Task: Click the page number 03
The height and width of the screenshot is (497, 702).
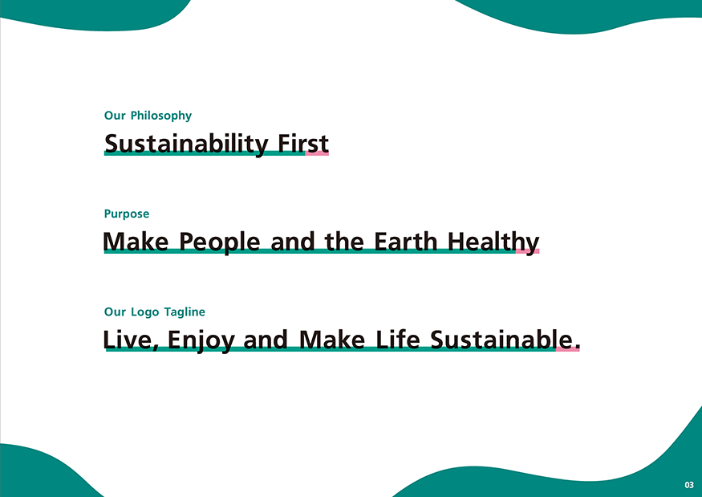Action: (x=689, y=485)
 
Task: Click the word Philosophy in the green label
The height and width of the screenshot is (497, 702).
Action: (x=161, y=116)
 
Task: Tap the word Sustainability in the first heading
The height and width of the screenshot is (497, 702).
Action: (x=186, y=144)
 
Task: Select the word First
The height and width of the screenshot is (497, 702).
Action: (x=303, y=144)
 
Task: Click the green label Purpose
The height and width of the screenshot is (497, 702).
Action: (x=127, y=214)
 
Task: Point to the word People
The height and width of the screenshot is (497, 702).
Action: (x=219, y=242)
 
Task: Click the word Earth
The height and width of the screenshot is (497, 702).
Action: (x=405, y=242)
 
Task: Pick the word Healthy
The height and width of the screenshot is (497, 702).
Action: (x=493, y=242)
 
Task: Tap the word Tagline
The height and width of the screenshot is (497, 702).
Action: (x=185, y=312)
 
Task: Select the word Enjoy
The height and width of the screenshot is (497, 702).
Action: (x=201, y=340)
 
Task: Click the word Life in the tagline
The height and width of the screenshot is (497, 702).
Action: (x=398, y=340)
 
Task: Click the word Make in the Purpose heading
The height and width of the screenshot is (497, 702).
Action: (x=136, y=242)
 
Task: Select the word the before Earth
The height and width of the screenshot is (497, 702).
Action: (x=344, y=242)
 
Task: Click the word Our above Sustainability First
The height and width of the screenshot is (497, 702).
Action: (x=115, y=116)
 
